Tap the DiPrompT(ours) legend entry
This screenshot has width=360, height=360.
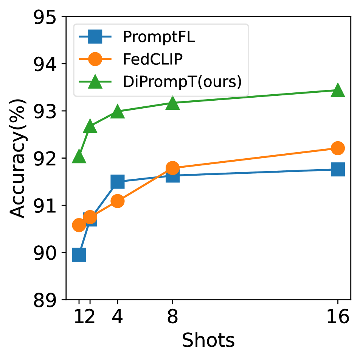(182, 81)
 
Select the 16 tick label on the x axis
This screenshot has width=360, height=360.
(337, 318)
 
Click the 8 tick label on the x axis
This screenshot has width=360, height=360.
(172, 318)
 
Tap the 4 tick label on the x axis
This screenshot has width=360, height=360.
(117, 318)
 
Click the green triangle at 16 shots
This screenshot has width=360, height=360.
(337, 91)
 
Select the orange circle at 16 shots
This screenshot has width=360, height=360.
(337, 148)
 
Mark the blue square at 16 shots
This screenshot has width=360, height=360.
(337, 169)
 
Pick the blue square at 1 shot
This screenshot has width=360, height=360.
(79, 255)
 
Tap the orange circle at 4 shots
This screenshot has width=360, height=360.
(117, 201)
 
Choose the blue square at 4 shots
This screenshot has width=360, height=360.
(117, 181)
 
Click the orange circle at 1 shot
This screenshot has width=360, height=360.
(79, 225)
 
